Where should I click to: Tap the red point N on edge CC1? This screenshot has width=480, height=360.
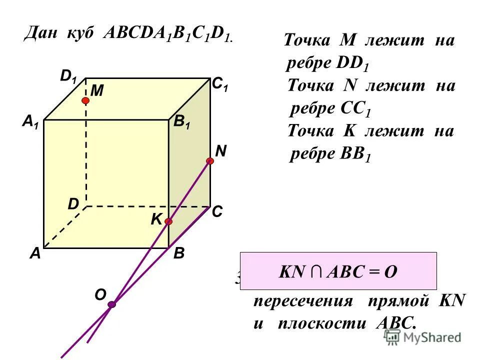coord(210,161)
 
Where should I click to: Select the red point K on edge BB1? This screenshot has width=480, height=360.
coord(168,221)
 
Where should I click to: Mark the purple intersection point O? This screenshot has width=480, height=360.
coord(111,304)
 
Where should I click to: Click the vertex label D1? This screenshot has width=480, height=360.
coord(68,76)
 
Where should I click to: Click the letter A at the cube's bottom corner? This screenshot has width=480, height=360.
coord(34,254)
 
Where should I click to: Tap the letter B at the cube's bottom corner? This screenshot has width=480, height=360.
coord(179,254)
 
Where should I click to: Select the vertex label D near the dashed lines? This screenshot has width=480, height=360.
coord(73,204)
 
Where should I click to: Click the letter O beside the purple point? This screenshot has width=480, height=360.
coord(100,295)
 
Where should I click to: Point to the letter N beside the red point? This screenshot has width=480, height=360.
coord(220,150)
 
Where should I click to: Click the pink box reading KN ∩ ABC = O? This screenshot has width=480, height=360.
coord(338,271)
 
